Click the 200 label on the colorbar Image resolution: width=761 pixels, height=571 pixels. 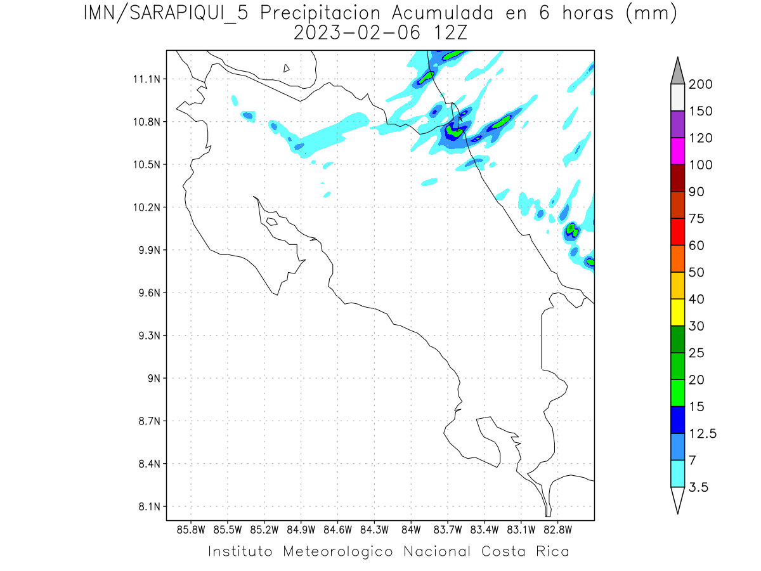click(700, 84)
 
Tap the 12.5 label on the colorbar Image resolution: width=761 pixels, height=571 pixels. click(703, 433)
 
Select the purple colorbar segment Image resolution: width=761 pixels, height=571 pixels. click(677, 124)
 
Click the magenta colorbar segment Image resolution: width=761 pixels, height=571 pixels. click(677, 151)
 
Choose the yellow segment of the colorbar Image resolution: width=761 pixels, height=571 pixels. click(677, 312)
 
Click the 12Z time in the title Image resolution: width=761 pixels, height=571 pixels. click(448, 33)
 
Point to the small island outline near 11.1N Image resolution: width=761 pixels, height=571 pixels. click(287, 68)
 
